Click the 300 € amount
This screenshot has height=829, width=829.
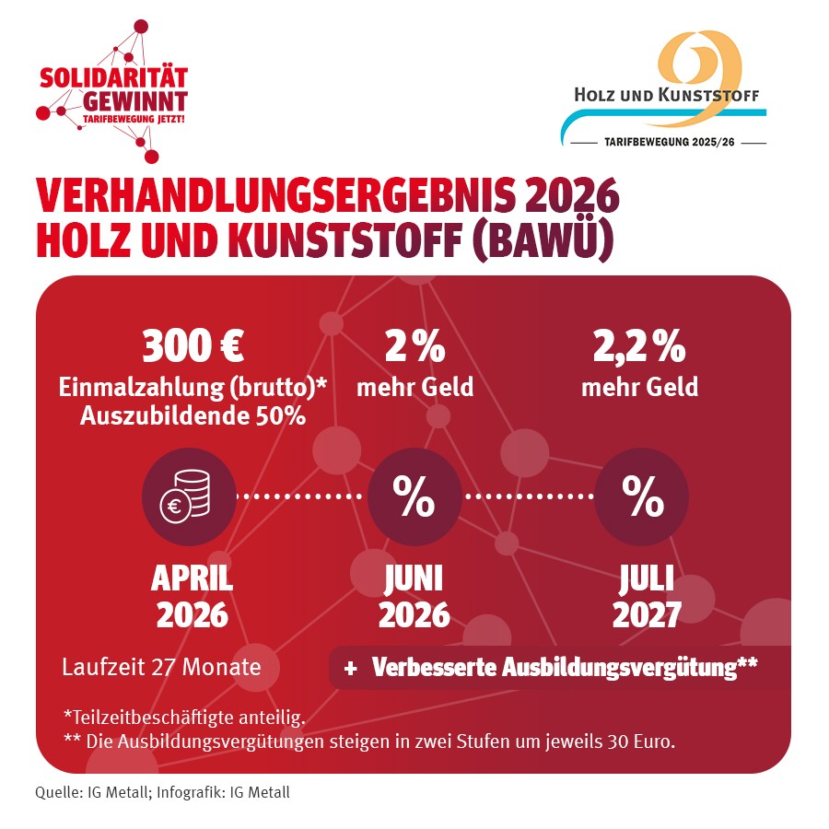193,347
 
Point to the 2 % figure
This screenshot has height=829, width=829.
414,347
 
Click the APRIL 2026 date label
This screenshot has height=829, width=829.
192,597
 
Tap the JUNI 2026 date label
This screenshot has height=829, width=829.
414,597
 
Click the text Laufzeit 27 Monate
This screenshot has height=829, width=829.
161,666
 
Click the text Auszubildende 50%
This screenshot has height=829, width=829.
193,415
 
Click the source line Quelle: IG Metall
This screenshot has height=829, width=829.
162,792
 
